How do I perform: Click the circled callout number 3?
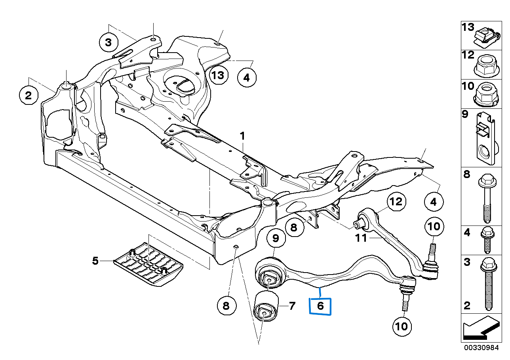(x=108, y=41)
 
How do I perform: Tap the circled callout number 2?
(x=29, y=95)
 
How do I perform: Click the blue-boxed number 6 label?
(x=320, y=305)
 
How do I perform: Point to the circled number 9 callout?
(x=276, y=238)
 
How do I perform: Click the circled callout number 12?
(x=396, y=202)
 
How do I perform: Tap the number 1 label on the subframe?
(x=242, y=136)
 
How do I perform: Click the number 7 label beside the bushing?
(x=292, y=305)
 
